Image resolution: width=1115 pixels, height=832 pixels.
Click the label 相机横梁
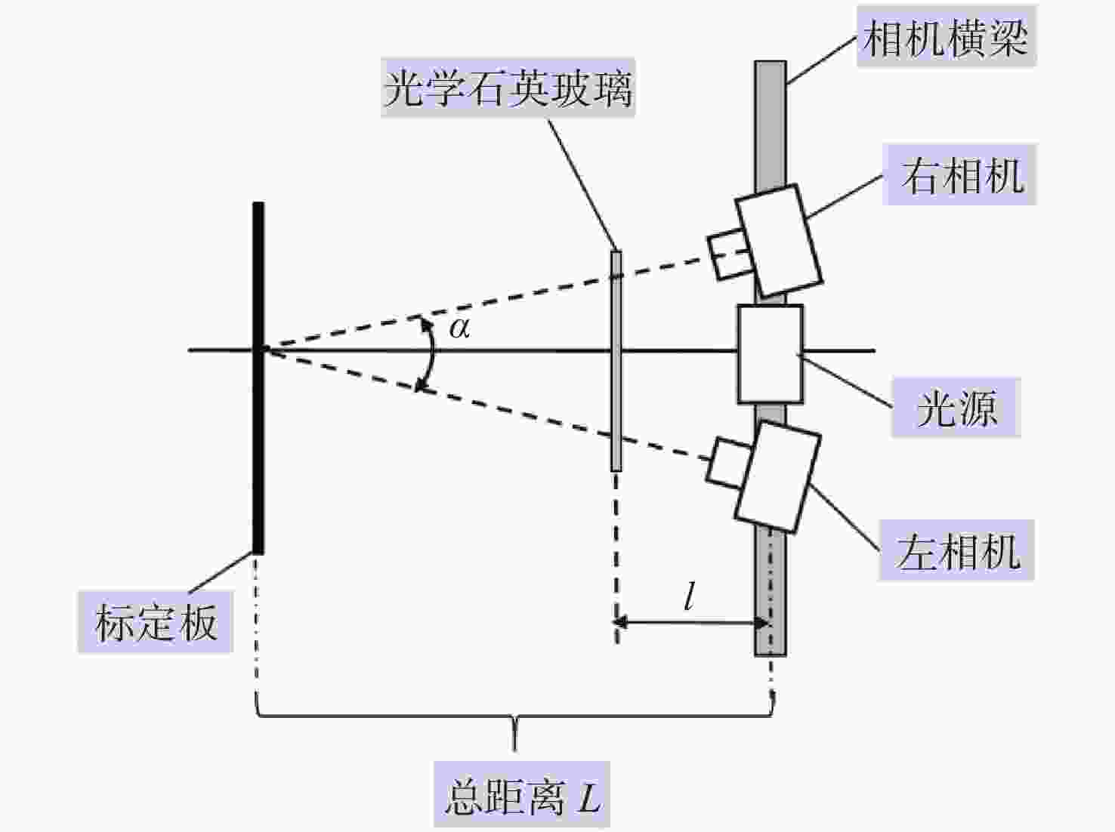pos(946,37)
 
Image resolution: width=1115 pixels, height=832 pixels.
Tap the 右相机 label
pos(959,175)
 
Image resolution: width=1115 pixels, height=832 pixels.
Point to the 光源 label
pos(956,407)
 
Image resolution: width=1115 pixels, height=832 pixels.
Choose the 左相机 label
pos(957,550)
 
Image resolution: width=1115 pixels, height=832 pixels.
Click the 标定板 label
pos(156,622)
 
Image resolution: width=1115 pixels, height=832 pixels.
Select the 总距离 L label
pos(522,795)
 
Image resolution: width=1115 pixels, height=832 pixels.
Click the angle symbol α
pos(460,328)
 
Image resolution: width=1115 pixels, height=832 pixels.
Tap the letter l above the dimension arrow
pos(689,596)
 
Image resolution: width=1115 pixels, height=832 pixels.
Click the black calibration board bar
pos(258,377)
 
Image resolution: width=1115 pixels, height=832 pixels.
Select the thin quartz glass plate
pos(616,362)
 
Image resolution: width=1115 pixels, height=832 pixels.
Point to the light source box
pos(771,354)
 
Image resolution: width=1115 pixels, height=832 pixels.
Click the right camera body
pos(780,241)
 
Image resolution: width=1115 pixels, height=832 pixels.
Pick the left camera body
pos(778,476)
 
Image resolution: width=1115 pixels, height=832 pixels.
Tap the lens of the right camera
pos(730,254)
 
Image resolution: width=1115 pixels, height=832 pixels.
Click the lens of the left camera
pos(729,463)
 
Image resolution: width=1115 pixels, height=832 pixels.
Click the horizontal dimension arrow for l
pos(692,622)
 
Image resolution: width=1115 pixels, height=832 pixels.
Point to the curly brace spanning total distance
pos(515,716)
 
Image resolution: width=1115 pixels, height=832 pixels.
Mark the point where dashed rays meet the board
pos(263,350)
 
